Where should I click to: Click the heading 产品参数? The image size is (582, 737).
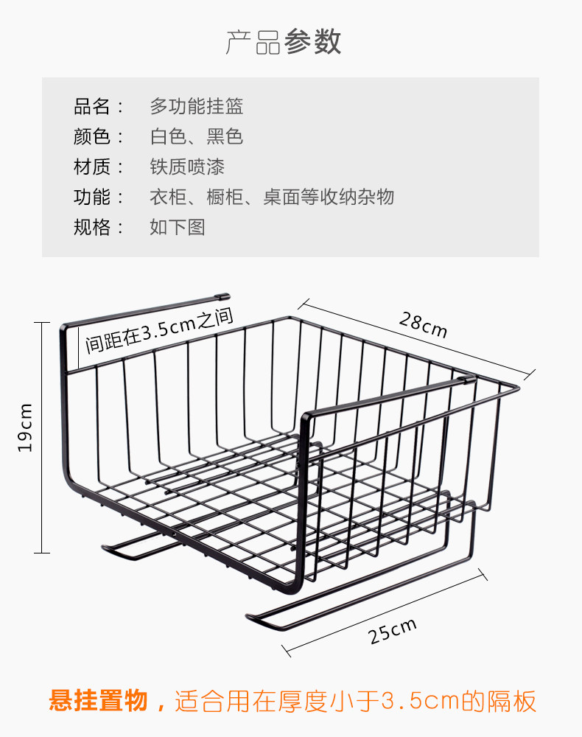point(283,42)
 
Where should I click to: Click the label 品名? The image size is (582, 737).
point(92,106)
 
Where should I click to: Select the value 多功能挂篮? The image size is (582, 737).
point(197,106)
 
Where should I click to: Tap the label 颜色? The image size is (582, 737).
point(92,136)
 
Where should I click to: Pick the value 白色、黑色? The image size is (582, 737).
point(197,136)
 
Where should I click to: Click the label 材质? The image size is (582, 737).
point(92,167)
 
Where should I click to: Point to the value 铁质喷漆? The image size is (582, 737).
point(187,167)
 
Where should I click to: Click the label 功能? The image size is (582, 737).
point(92,197)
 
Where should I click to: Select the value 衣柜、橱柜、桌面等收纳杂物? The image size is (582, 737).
point(272,197)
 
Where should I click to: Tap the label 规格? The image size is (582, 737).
point(92,227)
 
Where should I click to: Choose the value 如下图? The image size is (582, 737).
point(178,227)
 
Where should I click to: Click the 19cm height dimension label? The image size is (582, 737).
point(24,427)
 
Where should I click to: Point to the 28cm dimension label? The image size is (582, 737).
point(423,324)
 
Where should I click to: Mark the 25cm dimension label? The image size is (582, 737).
point(392,631)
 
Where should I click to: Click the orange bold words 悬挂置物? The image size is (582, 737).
point(99,700)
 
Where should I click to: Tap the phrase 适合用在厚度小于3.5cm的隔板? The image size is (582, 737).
point(356,701)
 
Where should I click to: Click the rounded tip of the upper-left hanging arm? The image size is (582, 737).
point(226,296)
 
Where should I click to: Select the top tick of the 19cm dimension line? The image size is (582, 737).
point(42,323)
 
